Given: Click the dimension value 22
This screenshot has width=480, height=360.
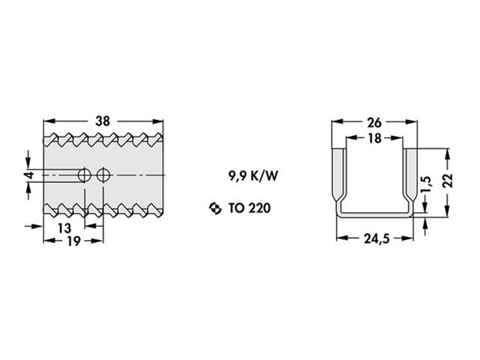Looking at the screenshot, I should point(447,181).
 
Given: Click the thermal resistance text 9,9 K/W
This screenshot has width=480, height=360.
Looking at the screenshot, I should point(253,177).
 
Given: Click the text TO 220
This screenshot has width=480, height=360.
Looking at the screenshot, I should point(249,208).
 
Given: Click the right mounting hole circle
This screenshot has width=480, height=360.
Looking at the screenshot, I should point(103,175).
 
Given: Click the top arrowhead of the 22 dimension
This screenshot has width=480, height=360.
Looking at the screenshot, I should point(447,153).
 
